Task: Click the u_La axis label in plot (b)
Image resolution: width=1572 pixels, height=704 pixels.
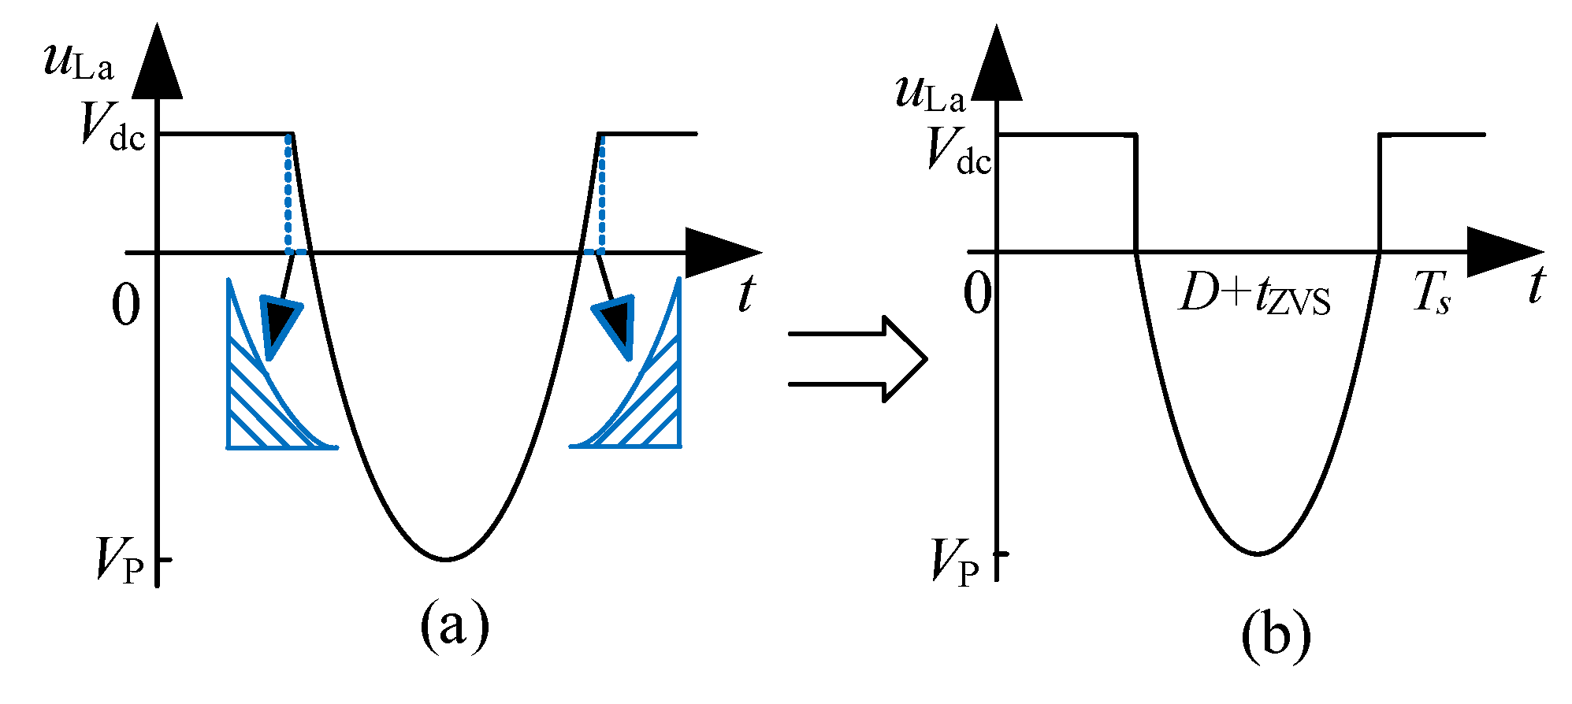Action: [930, 93]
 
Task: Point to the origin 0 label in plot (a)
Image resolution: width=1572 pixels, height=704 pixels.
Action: [126, 306]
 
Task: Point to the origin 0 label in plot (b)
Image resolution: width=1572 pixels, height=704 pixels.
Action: [978, 295]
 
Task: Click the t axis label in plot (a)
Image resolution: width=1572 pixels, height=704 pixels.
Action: [745, 294]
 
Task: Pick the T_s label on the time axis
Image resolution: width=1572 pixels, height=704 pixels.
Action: [1431, 296]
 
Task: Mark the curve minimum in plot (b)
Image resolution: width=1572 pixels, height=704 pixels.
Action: [1258, 554]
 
